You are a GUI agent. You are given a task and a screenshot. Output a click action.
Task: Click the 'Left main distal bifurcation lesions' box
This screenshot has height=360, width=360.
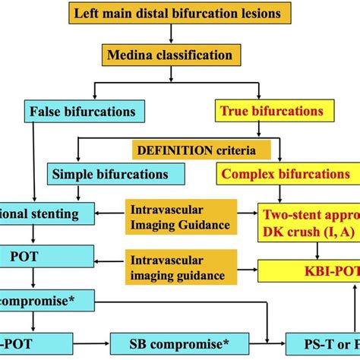(x=179, y=13)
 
